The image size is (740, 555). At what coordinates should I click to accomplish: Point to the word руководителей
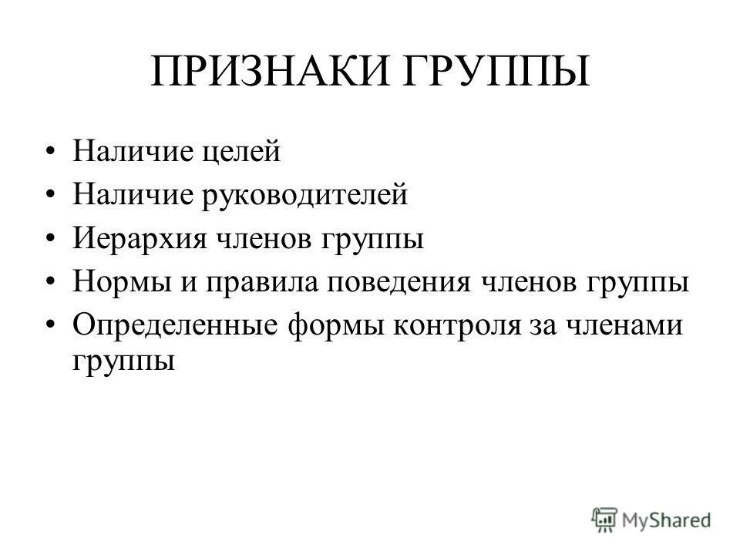pyautogui.click(x=305, y=195)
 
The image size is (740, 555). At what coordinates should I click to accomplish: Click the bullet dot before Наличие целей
pyautogui.click(x=52, y=152)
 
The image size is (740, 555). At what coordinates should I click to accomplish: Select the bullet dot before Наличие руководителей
pyautogui.click(x=52, y=195)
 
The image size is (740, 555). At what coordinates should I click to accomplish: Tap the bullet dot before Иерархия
pyautogui.click(x=52, y=238)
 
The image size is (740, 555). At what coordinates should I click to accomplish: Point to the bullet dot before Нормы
pyautogui.click(x=52, y=281)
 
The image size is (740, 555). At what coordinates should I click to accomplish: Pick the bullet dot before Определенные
pyautogui.click(x=52, y=325)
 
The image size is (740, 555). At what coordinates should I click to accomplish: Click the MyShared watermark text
pyautogui.click(x=668, y=519)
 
